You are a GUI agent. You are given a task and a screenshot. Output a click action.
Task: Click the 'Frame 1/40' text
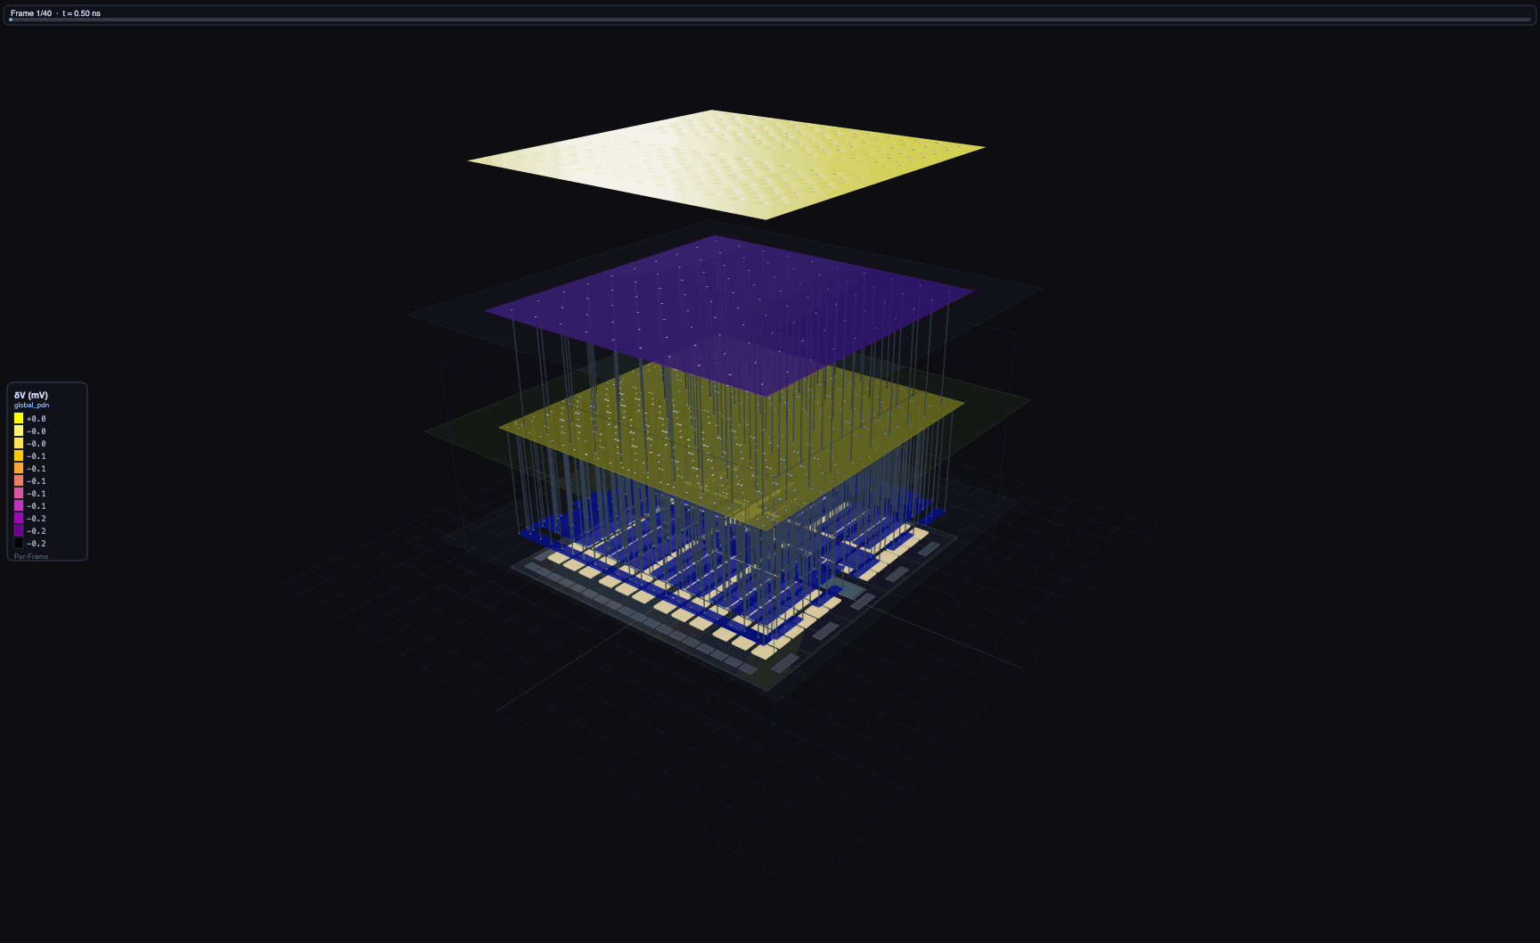(31, 13)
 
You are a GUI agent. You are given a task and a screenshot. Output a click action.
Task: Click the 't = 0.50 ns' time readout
(81, 13)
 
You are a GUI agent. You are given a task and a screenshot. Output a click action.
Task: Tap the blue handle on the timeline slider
(11, 20)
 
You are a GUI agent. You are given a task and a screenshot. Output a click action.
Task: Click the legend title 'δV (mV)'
(31, 395)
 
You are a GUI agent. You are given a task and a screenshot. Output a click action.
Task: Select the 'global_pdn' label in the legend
(31, 406)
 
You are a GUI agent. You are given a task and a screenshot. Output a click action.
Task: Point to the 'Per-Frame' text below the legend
(31, 556)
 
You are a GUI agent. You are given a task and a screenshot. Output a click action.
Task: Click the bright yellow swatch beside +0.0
(19, 418)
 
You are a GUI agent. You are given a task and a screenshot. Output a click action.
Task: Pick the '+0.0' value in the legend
(37, 419)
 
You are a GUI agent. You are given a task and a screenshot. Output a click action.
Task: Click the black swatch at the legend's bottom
(19, 543)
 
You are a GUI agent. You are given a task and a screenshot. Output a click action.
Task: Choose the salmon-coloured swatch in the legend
(19, 480)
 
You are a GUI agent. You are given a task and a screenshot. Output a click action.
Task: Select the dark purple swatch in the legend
(19, 530)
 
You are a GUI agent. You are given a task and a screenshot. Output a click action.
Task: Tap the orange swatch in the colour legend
(19, 468)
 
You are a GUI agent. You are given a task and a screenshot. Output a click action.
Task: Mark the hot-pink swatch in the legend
(19, 493)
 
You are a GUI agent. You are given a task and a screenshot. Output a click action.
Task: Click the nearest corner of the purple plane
(759, 394)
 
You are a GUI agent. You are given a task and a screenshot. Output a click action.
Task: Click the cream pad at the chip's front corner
(763, 652)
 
